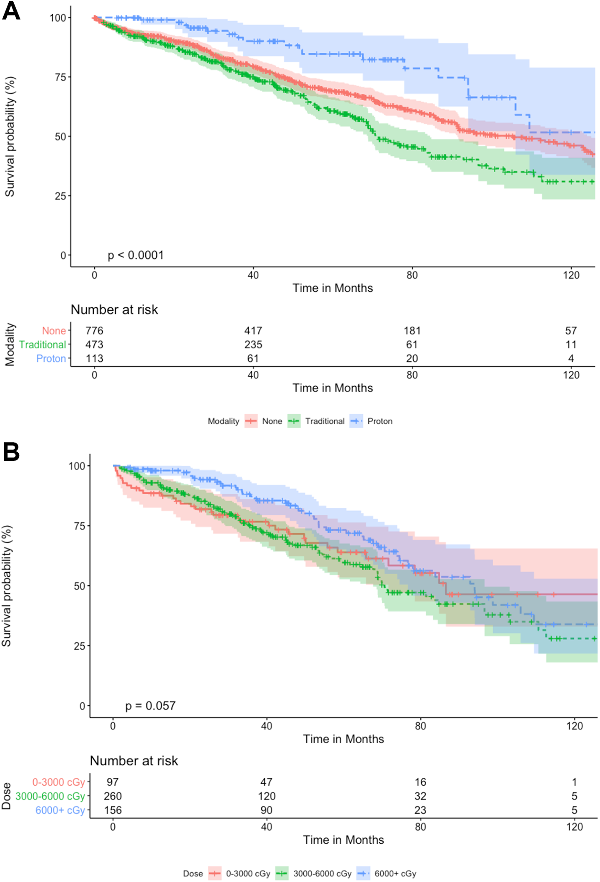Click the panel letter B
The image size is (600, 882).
pos(11,452)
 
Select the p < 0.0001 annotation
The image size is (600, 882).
pos(136,255)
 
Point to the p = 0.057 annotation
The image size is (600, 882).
pos(150,706)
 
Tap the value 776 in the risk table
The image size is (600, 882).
pos(94,331)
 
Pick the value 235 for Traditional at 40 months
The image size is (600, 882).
pos(253,345)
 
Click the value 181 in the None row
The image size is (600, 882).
pos(412,331)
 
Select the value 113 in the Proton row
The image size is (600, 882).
pos(94,358)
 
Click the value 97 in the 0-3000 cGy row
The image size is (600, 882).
pos(112,782)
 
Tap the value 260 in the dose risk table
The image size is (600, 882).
pos(112,796)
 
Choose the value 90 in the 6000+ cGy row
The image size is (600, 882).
pos(266,810)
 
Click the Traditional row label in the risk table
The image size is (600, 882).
pos(42,345)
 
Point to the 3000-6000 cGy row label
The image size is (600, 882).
pos(50,796)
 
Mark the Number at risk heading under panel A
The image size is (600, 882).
pos(114,310)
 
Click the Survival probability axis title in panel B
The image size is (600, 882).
pos(7,585)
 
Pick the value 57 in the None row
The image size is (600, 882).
pos(571,331)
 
